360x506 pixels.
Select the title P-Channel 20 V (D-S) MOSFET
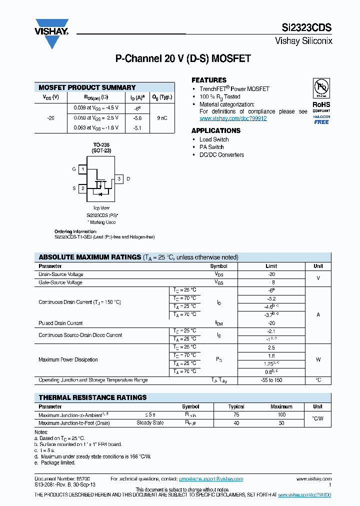click(183, 58)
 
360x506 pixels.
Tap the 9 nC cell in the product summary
click(162, 118)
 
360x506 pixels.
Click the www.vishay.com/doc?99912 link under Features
click(233, 118)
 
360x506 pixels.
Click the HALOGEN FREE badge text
click(321, 119)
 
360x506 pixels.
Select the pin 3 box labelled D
click(119, 179)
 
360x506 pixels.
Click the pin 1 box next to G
click(82, 169)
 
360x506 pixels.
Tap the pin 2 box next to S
click(82, 188)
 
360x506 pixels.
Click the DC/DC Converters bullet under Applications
click(221, 155)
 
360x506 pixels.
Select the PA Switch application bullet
click(211, 147)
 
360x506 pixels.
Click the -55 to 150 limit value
click(271, 380)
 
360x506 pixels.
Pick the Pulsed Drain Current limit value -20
click(271, 323)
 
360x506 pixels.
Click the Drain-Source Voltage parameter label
click(61, 274)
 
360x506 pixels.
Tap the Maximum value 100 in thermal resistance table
click(281, 415)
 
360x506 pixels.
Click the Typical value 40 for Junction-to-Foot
click(236, 423)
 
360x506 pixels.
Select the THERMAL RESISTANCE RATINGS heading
click(92, 397)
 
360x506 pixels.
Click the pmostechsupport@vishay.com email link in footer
click(211, 478)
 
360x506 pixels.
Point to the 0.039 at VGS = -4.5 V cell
click(93, 107)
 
